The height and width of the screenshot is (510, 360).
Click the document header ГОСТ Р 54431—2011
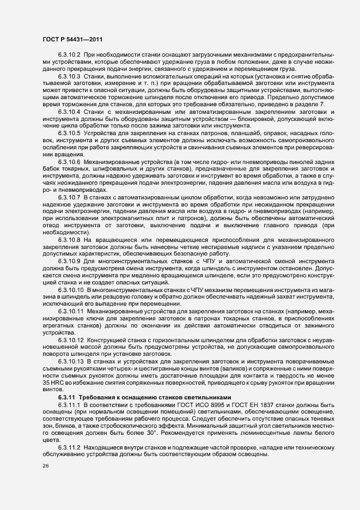click(x=71, y=39)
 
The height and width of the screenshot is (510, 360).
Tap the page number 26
click(x=45, y=466)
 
